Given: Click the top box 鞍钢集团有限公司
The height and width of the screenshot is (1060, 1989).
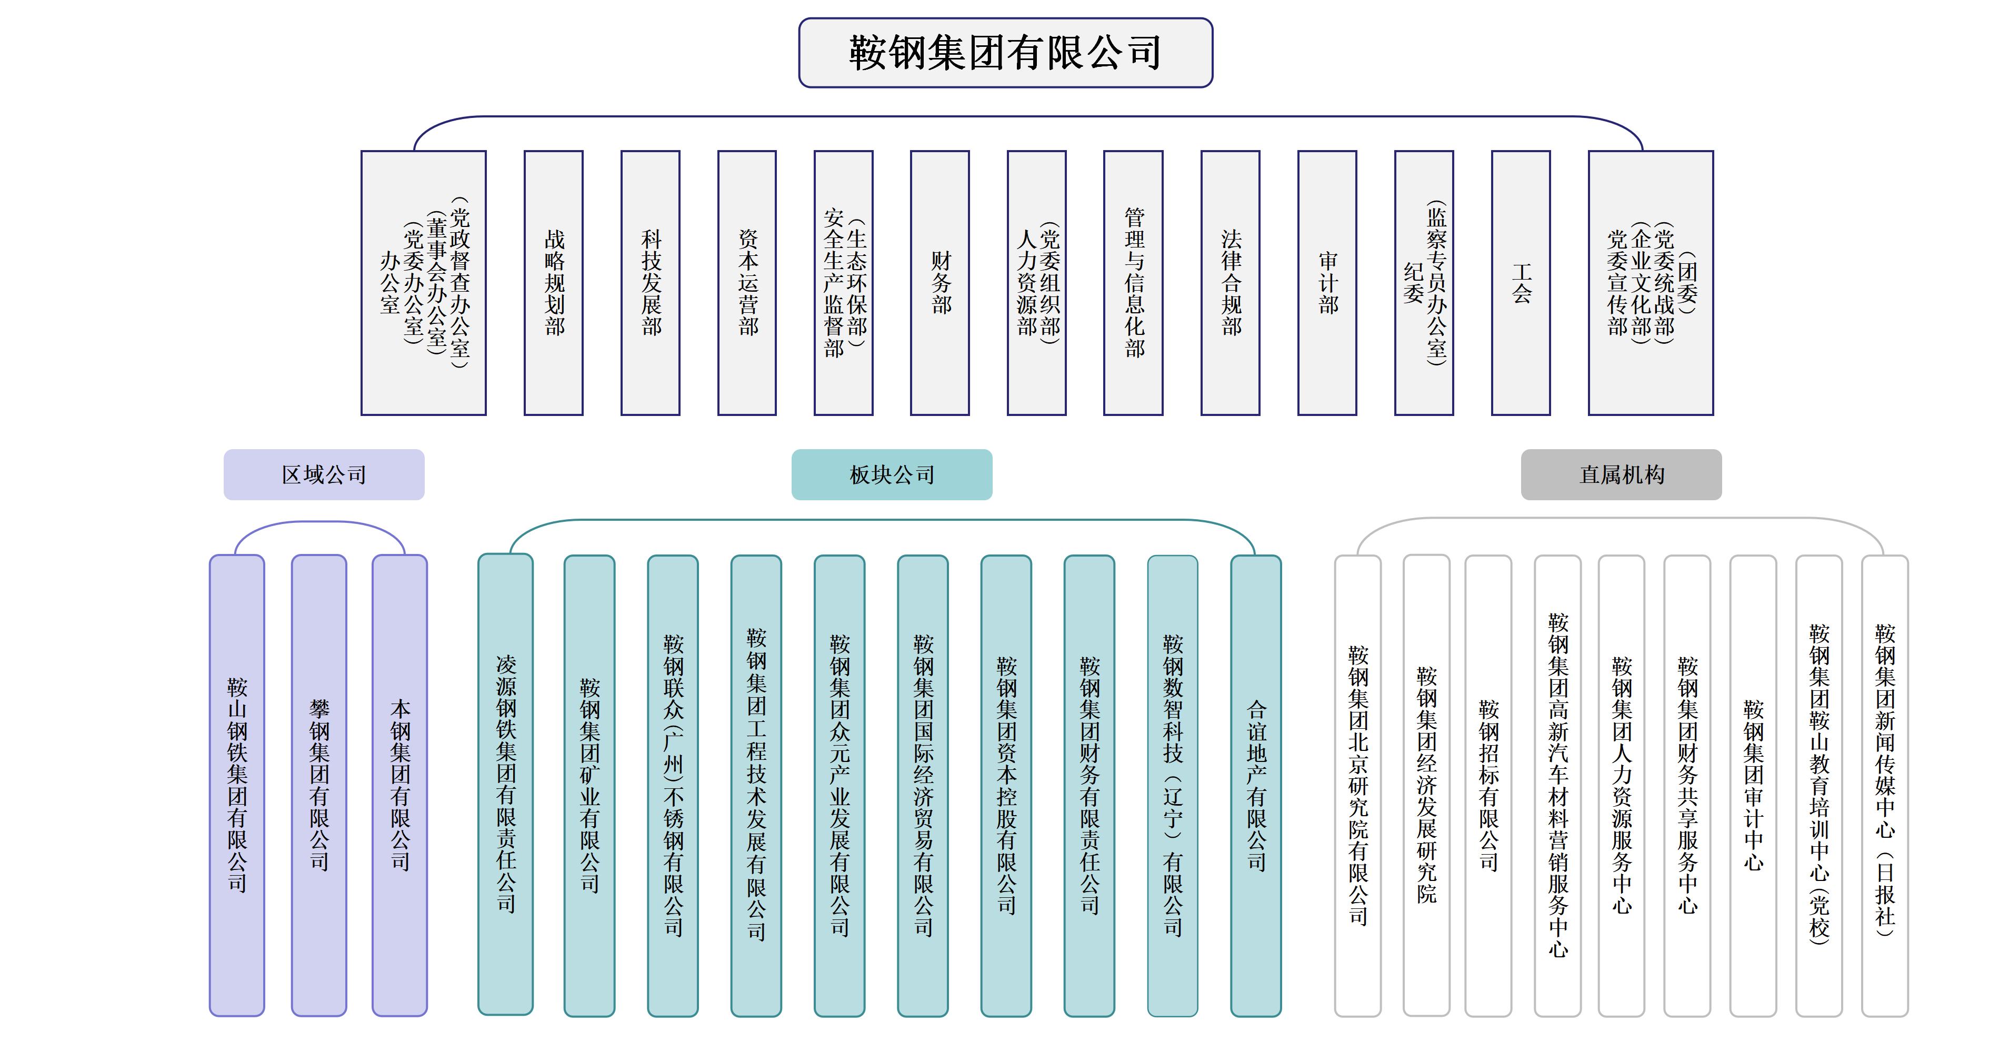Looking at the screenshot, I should [x=1005, y=53].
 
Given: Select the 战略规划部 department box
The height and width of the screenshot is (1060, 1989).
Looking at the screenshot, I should [x=554, y=283].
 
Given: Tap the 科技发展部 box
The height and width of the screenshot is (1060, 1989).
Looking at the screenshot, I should [x=650, y=283].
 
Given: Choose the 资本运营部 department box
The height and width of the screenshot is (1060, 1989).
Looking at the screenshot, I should [x=747, y=283].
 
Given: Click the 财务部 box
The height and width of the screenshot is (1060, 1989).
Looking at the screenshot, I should [x=939, y=283].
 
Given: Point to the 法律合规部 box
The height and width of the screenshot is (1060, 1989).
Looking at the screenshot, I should [x=1230, y=283].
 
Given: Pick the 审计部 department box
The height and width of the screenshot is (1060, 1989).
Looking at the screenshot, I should [x=1327, y=283].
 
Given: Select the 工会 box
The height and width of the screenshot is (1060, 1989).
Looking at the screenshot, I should [x=1521, y=283].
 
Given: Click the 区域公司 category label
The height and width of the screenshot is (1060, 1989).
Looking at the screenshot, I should [x=324, y=474].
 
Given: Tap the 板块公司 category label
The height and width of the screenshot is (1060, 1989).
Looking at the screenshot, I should [x=892, y=474].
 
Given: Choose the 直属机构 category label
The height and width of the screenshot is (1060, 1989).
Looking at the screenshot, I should [x=1621, y=474].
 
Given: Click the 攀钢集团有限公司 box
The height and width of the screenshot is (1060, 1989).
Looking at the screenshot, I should [x=319, y=785].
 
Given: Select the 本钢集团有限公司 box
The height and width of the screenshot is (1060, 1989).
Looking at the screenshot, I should [x=400, y=785].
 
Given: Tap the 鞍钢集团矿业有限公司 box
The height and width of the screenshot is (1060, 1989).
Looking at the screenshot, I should [x=589, y=785].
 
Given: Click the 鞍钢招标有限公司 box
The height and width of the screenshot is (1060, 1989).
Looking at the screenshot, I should [x=1488, y=785].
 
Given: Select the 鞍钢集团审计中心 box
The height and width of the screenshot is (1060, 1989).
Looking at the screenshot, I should [x=1753, y=785].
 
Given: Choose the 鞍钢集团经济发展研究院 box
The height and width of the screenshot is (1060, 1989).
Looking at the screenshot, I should [x=1426, y=785].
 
